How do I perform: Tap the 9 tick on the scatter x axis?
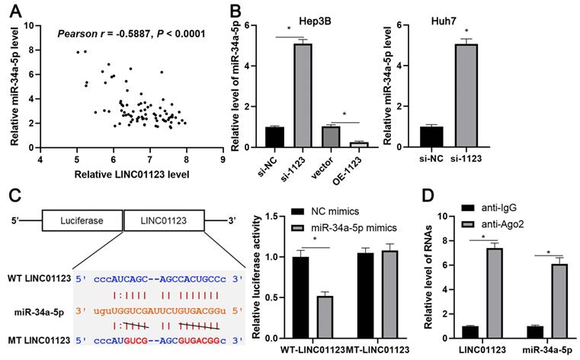(x=222, y=159)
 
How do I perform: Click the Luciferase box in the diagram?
(x=82, y=221)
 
